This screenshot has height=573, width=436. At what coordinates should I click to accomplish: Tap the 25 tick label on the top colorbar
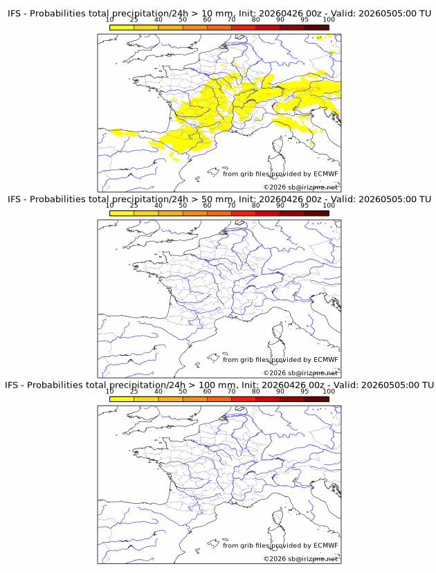(134, 20)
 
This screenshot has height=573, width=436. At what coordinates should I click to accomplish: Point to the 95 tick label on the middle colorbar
(305, 206)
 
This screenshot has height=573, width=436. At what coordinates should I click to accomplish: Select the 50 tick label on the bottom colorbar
(183, 392)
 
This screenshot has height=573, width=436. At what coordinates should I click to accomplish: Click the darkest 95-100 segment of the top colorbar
(317, 28)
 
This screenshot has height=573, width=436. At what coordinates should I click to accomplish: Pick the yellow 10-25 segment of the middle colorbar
(122, 213)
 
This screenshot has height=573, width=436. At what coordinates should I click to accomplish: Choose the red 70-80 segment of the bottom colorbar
(244, 399)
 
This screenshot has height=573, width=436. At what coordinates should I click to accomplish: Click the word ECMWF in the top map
(326, 174)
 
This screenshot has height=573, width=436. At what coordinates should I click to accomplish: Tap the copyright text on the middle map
(300, 373)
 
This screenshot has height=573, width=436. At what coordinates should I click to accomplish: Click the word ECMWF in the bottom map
(326, 545)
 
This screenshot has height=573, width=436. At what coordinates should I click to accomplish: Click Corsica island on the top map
(279, 145)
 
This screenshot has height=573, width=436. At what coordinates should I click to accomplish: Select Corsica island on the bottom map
(279, 517)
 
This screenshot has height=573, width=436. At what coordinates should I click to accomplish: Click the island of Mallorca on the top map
(213, 172)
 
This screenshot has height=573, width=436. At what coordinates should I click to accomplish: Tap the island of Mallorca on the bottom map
(213, 543)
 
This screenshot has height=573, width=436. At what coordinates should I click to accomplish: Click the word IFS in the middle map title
(14, 199)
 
